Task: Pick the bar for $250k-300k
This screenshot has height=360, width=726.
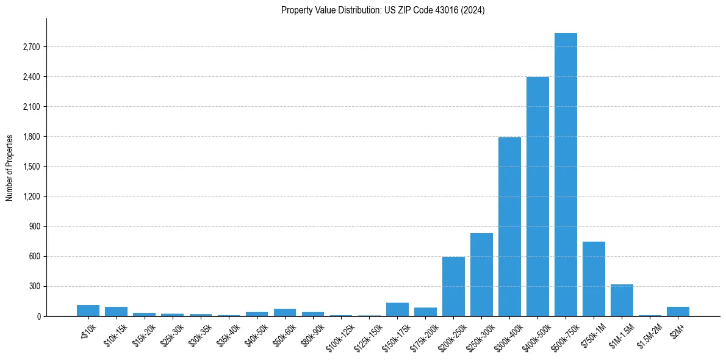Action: (481, 275)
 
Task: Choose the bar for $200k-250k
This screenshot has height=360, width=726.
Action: (453, 287)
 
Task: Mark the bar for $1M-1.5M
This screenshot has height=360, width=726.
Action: (622, 300)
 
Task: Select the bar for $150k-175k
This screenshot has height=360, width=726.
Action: (397, 309)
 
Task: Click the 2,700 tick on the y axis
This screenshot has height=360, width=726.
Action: (31, 47)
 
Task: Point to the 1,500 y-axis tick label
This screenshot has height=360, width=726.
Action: (31, 167)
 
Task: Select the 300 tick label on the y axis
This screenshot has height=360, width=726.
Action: (35, 286)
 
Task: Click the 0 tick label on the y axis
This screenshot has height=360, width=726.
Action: (38, 316)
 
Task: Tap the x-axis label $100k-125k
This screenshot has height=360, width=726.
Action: (340, 334)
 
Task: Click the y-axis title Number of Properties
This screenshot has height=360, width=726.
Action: (10, 167)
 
